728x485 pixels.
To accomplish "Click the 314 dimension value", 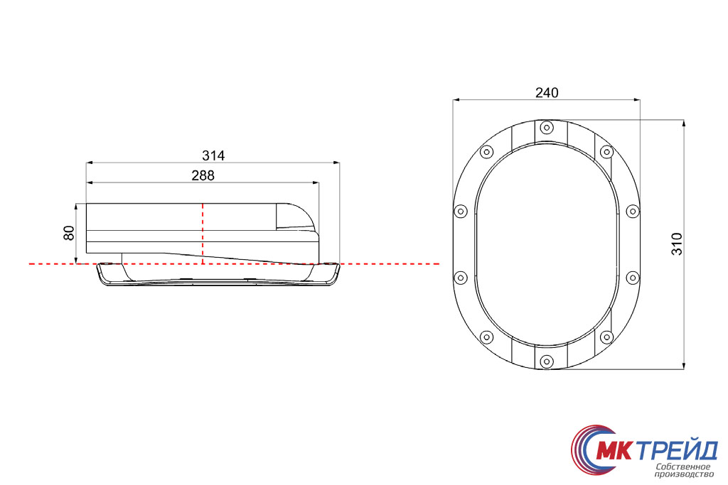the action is coord(213,156).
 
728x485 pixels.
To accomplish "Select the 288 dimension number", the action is coord(203,175).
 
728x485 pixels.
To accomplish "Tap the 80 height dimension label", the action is coord(69,233).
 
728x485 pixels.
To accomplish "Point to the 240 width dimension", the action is coord(547,93).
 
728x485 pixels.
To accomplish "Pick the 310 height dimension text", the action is coord(677,244).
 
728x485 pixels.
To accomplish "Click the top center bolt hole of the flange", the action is coord(547,128).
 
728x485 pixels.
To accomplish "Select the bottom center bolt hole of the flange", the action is coord(547,361).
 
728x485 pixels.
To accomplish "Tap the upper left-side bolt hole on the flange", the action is coord(460,212).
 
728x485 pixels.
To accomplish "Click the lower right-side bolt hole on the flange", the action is coord(633,278).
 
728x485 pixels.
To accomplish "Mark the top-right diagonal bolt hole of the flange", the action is coord(607,152).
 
